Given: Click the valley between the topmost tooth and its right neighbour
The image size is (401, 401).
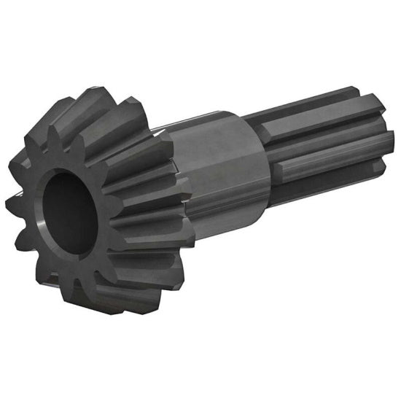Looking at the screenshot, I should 120,109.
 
